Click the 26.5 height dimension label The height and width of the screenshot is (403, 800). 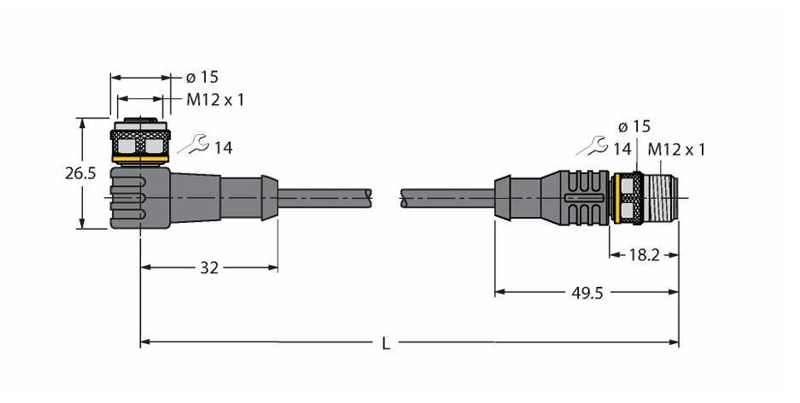[x=80, y=173]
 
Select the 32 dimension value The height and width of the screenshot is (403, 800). [x=209, y=267]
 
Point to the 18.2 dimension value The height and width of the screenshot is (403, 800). [x=644, y=255]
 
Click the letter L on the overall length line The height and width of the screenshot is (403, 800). [x=386, y=344]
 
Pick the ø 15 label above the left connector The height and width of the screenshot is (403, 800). [x=202, y=77]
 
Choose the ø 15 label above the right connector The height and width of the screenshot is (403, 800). [x=634, y=126]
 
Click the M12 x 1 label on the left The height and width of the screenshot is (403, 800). [x=215, y=100]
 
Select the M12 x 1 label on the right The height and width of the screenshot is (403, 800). [x=676, y=149]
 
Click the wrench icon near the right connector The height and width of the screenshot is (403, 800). [x=593, y=146]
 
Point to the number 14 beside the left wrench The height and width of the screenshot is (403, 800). [x=223, y=148]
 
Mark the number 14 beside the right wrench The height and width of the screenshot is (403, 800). [x=622, y=149]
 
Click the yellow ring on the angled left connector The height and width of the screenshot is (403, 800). [x=140, y=161]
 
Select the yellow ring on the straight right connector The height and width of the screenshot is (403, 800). [x=617, y=198]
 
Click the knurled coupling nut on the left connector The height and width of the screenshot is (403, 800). [x=140, y=143]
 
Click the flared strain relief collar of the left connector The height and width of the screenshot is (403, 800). [x=270, y=198]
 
